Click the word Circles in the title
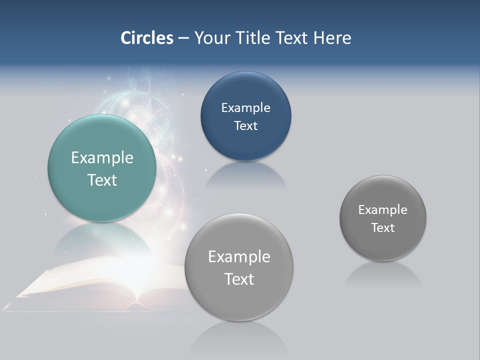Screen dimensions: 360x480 pyautogui.click(x=147, y=38)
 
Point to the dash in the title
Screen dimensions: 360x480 pyautogui.click(x=183, y=38)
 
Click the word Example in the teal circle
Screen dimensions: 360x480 pyautogui.click(x=102, y=158)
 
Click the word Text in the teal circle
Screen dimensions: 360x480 pyautogui.click(x=102, y=180)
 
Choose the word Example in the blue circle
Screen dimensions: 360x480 pyautogui.click(x=245, y=107)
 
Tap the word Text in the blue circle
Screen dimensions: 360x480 pyautogui.click(x=245, y=125)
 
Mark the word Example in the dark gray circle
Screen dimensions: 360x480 pyautogui.click(x=383, y=209)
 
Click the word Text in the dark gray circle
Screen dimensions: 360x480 pyautogui.click(x=383, y=227)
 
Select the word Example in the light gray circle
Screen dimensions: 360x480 pyautogui.click(x=239, y=256)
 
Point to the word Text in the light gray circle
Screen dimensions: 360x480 pyautogui.click(x=239, y=278)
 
